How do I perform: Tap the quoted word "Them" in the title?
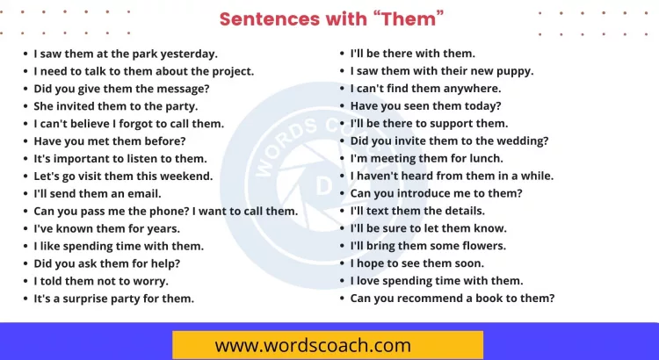click(x=410, y=18)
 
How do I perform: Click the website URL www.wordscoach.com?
click(x=313, y=345)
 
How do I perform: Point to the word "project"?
click(x=231, y=71)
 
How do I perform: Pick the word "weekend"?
click(x=185, y=176)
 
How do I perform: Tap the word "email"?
click(x=143, y=193)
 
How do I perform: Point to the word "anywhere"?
click(x=471, y=89)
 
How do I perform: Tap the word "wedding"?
click(x=523, y=140)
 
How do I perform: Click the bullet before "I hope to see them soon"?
click(x=341, y=263)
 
